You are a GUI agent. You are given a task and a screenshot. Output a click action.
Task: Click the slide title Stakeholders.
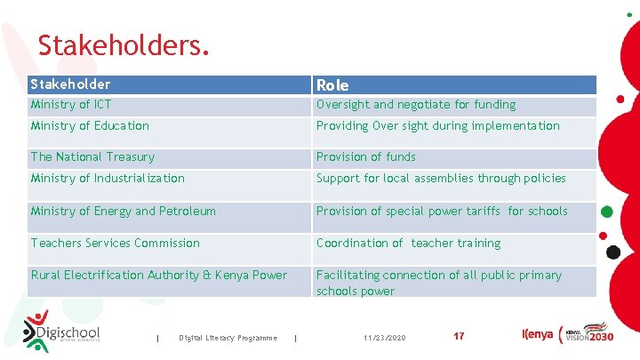pyautogui.click(x=124, y=44)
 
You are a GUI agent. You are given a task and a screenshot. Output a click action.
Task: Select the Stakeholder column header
pyautogui.click(x=71, y=84)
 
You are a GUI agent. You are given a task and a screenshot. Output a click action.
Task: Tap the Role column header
pyautogui.click(x=332, y=85)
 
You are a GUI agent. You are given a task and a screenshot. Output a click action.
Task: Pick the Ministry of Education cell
pyautogui.click(x=90, y=126)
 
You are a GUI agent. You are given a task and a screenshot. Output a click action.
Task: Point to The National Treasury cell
pyautogui.click(x=92, y=157)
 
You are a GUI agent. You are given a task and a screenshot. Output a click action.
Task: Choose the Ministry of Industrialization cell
pyautogui.click(x=108, y=179)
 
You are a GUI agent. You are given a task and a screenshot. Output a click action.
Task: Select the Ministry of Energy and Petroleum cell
pyautogui.click(x=123, y=212)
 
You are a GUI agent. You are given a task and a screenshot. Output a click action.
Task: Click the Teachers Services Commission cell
pyautogui.click(x=115, y=244)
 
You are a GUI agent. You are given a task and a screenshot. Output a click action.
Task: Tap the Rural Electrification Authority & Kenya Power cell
pyautogui.click(x=158, y=276)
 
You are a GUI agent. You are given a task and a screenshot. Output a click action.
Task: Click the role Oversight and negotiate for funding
pyautogui.click(x=416, y=105)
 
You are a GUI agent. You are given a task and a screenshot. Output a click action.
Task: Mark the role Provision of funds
pyautogui.click(x=366, y=157)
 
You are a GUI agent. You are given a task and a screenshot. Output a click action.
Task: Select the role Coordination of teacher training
pyautogui.click(x=408, y=244)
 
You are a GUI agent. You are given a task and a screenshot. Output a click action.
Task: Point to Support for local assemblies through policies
pyautogui.click(x=441, y=179)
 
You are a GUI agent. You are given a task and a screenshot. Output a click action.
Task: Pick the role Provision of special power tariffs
pyautogui.click(x=442, y=212)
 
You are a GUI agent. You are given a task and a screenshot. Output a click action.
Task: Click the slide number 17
pyautogui.click(x=459, y=337)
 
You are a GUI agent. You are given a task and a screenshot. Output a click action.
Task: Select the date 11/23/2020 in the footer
pyautogui.click(x=385, y=338)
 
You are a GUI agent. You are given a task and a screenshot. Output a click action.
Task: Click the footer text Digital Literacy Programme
pyautogui.click(x=228, y=338)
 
